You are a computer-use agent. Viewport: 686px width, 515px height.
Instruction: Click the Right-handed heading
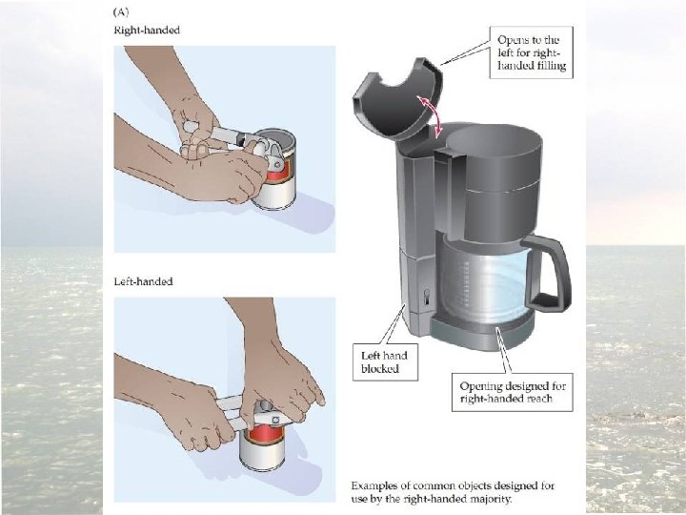point(147,31)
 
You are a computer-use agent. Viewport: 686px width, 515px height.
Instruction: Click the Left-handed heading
point(143,281)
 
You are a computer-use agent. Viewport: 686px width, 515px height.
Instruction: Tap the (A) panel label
point(121,11)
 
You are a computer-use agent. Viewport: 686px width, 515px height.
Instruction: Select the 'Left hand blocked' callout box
point(385,361)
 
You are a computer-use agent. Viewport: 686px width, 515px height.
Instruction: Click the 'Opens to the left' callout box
point(531,52)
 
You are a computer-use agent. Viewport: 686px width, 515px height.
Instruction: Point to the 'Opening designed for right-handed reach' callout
point(512,392)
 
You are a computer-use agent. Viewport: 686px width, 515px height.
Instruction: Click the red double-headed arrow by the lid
point(431,114)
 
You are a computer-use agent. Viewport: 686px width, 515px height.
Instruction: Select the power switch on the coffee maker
point(427,297)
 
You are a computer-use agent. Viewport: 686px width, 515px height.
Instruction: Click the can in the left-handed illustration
point(262,446)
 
